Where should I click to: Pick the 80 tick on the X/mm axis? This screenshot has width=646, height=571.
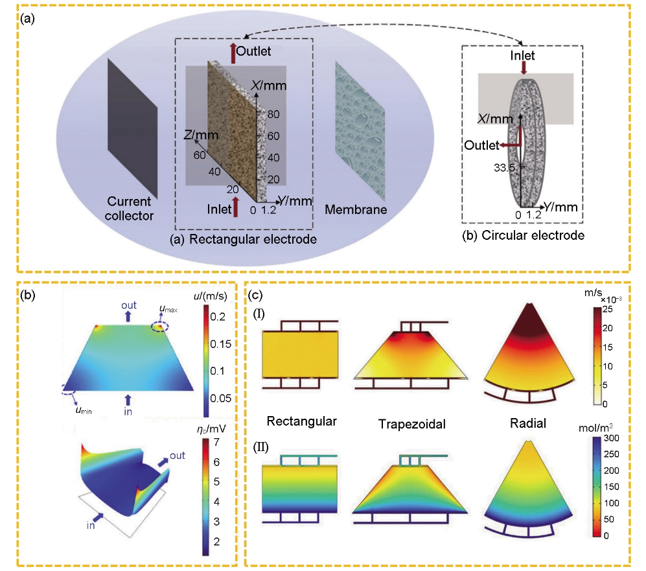275,115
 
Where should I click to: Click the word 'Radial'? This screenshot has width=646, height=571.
527,424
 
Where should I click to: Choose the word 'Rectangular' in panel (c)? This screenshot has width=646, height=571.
302,421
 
